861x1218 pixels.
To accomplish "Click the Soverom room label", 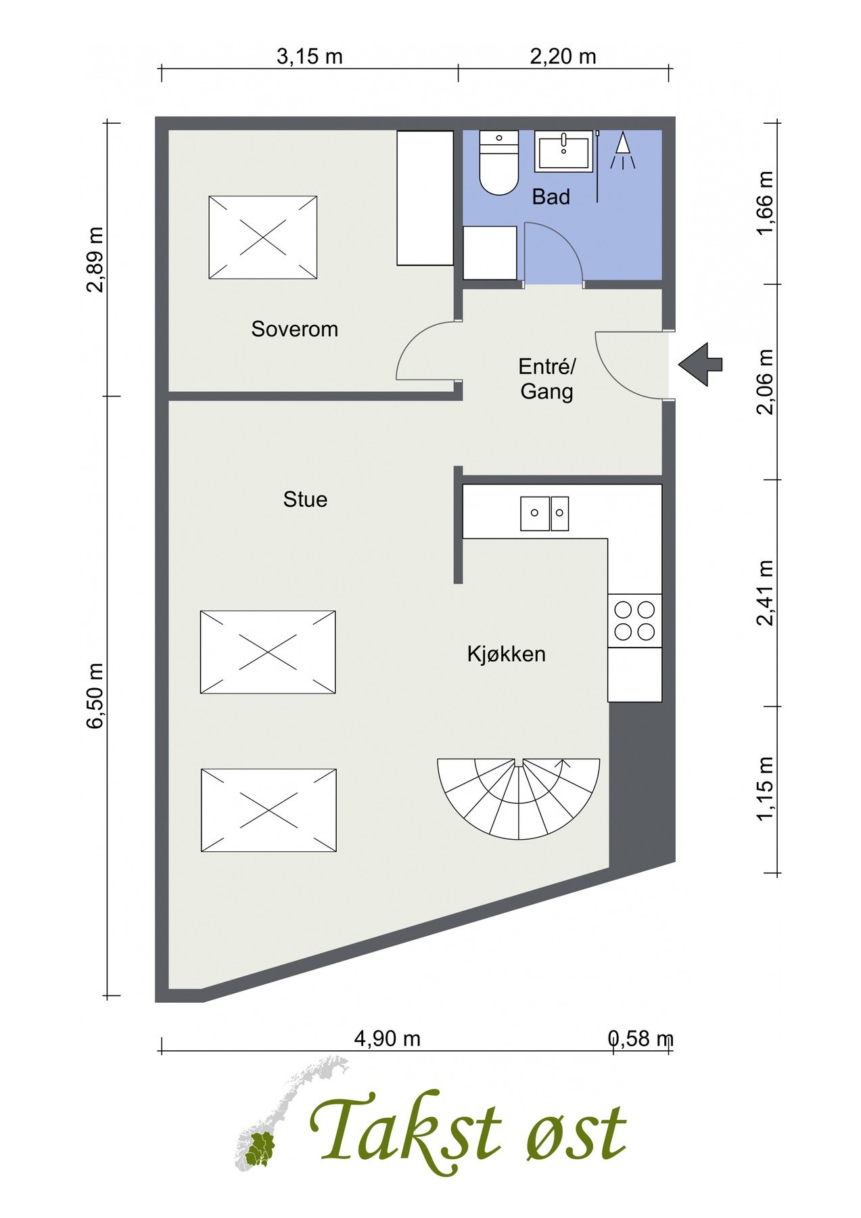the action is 294,330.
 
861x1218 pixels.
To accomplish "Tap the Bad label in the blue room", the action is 551,197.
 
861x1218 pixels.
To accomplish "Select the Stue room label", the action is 305,499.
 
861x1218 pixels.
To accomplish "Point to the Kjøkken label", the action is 506,654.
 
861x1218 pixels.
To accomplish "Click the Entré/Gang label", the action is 546,379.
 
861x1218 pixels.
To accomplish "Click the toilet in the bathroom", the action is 498,162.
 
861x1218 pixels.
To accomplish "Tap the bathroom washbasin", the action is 563,151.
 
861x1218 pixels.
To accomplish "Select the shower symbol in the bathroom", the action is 623,150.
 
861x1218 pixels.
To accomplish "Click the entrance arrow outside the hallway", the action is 701,365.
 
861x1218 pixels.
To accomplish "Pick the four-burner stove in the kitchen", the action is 634,621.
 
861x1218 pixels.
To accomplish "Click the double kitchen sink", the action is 544,514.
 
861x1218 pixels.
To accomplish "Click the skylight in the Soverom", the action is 262,238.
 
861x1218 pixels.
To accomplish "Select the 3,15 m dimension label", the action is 310,56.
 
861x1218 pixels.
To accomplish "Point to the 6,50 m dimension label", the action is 95,695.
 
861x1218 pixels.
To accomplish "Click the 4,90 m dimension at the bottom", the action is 387,1038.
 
